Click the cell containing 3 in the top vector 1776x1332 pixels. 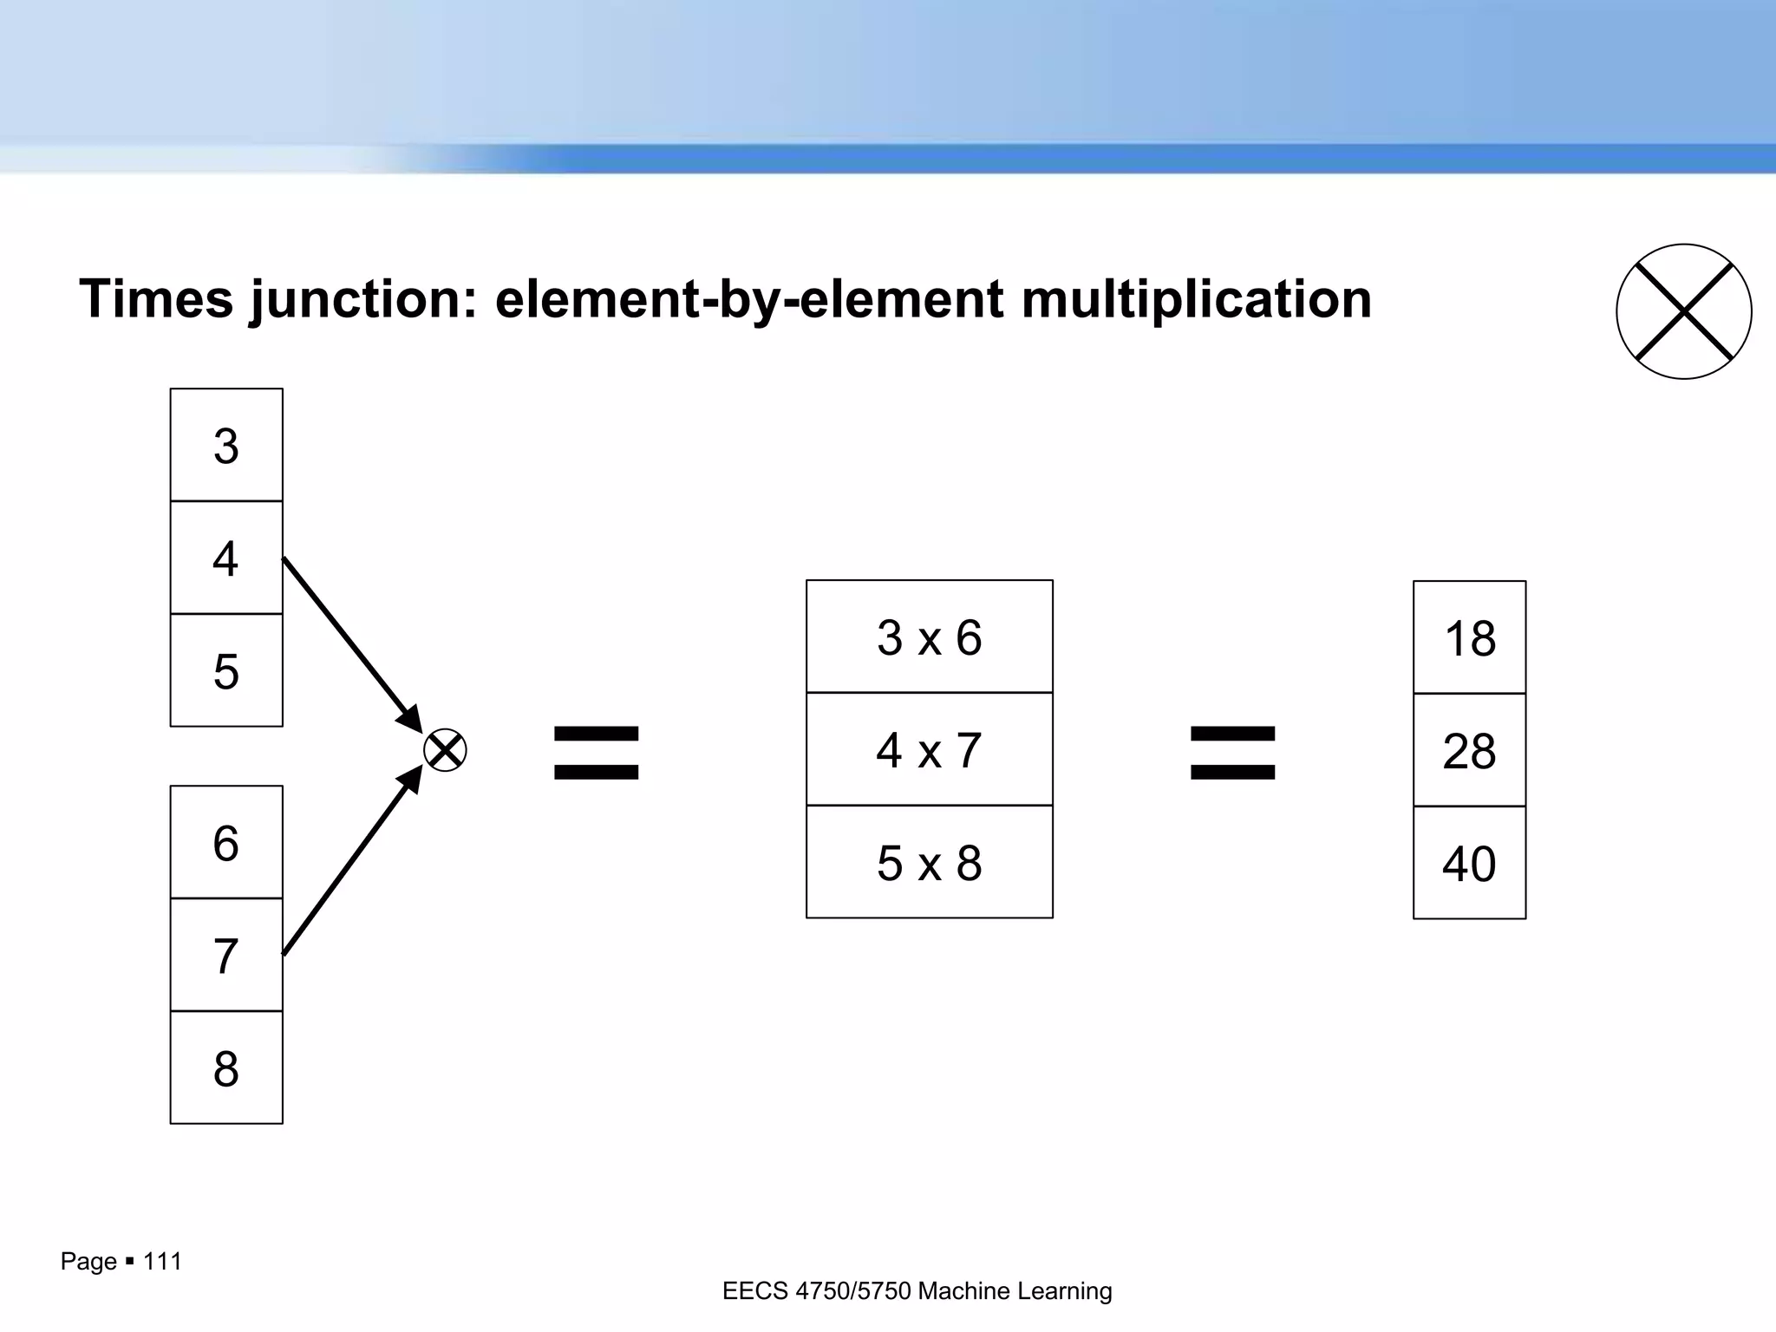tap(226, 445)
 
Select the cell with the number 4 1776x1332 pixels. tap(226, 558)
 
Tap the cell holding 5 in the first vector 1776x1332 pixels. tap(226, 670)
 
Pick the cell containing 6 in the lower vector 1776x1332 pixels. tap(226, 842)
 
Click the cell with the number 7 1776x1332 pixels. tap(226, 955)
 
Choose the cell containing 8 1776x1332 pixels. tap(226, 1068)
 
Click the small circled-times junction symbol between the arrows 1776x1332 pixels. tap(445, 750)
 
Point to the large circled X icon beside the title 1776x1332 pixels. tap(1683, 311)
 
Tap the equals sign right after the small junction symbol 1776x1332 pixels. tap(597, 752)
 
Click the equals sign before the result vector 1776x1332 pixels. tap(1232, 752)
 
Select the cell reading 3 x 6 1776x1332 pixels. tap(929, 637)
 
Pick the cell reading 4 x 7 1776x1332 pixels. tap(929, 749)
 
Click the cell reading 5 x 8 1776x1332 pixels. tap(929, 862)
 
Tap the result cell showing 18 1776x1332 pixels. tap(1469, 637)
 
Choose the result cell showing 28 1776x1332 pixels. tap(1469, 750)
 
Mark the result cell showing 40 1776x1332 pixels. tap(1469, 863)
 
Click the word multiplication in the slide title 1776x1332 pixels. tap(1196, 299)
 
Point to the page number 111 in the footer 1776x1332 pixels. tap(162, 1261)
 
